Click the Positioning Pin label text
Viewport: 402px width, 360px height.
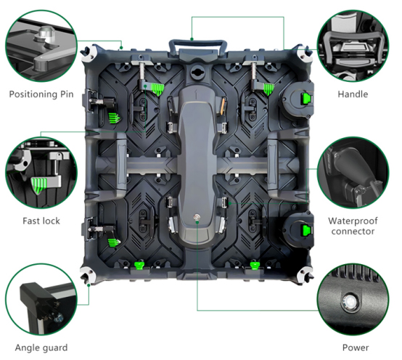[41, 94]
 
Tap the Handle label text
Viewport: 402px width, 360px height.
[353, 94]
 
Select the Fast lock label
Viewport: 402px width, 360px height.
[41, 221]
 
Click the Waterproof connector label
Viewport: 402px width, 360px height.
[353, 226]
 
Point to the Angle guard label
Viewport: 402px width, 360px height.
[41, 348]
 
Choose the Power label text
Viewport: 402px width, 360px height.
[356, 348]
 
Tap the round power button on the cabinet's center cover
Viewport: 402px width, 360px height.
[197, 218]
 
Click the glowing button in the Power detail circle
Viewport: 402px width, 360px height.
[350, 300]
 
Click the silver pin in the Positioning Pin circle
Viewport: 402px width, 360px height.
[45, 33]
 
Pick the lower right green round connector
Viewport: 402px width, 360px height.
[307, 230]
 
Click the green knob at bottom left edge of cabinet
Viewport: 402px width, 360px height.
[139, 265]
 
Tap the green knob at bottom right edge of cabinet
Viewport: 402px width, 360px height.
[254, 265]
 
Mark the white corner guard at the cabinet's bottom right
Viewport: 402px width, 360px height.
[305, 275]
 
